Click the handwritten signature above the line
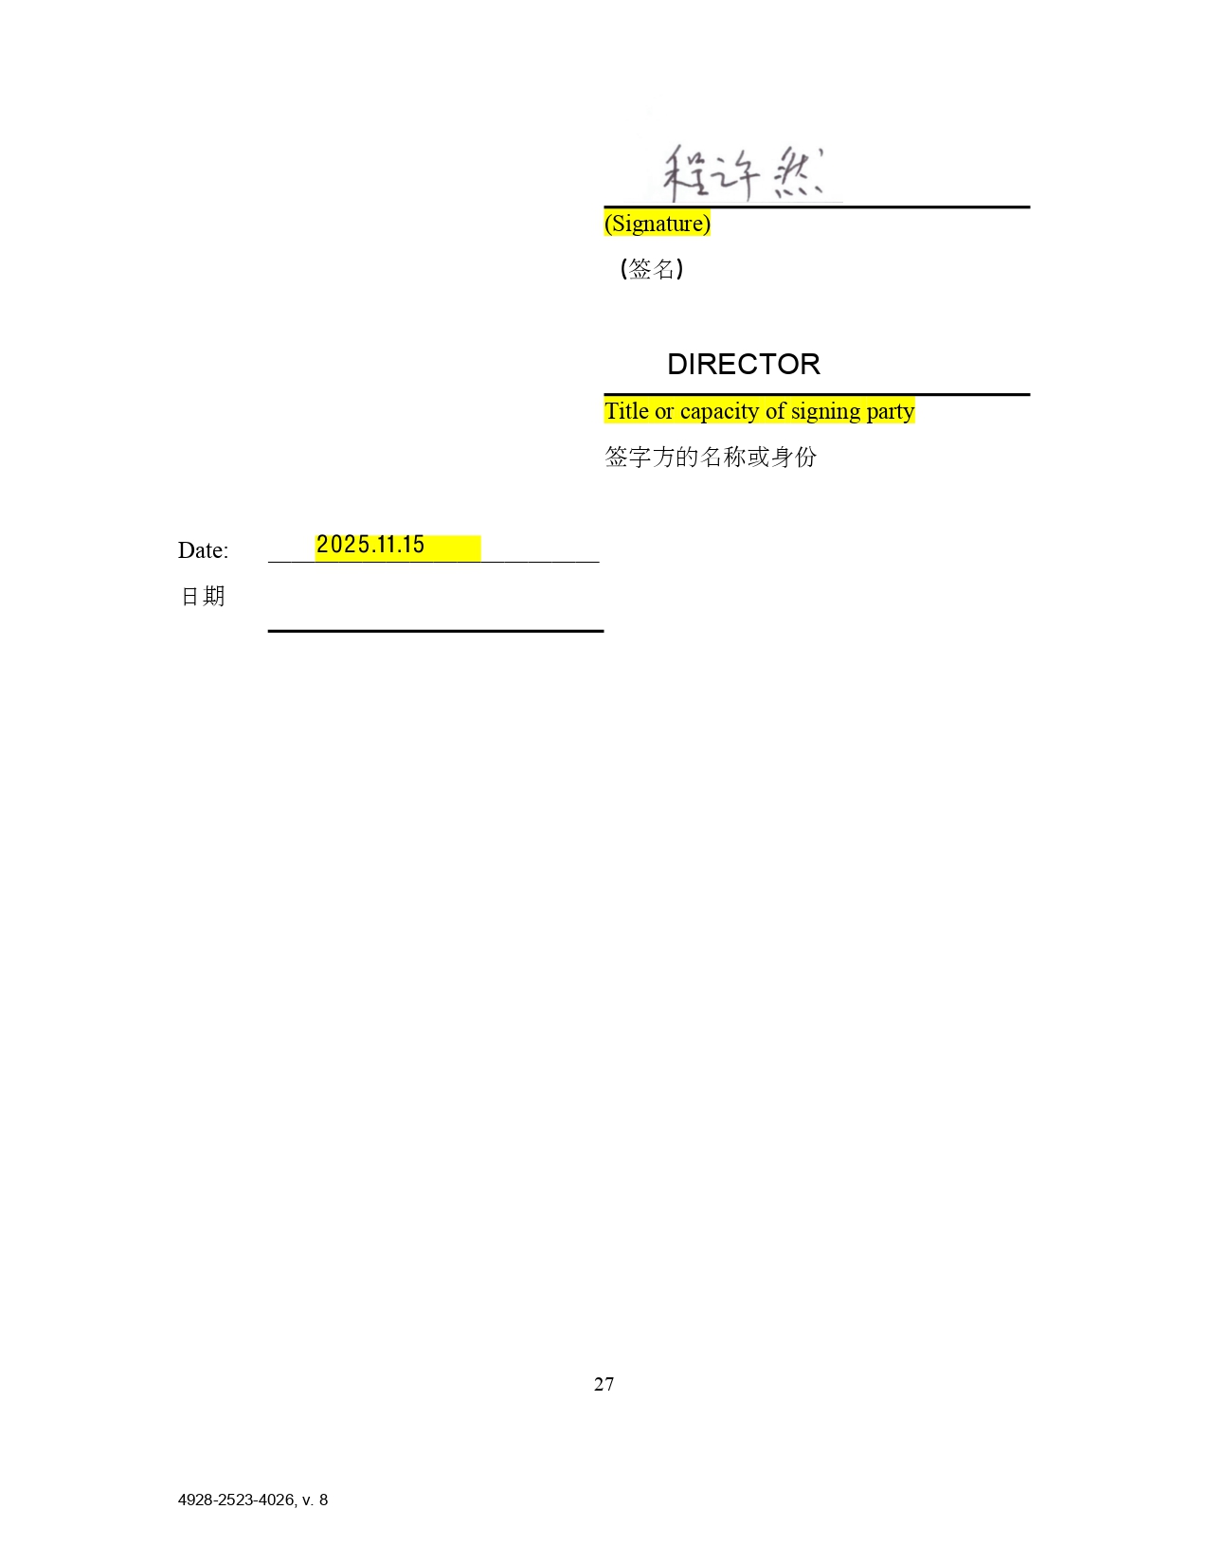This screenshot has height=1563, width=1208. [743, 172]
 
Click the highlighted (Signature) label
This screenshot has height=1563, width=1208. [657, 223]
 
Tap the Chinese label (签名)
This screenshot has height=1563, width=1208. [651, 269]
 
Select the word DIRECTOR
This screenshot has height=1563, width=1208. [743, 364]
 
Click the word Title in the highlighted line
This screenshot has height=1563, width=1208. [626, 411]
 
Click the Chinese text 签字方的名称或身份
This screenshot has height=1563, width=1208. [711, 457]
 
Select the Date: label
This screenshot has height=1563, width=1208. [203, 550]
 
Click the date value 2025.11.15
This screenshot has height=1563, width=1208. [370, 545]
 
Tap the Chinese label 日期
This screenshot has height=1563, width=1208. [202, 596]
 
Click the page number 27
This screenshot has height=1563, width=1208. [604, 1384]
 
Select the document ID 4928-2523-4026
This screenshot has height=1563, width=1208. [236, 1500]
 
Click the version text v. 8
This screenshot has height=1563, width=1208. [316, 1500]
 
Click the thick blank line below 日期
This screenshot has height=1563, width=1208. [436, 631]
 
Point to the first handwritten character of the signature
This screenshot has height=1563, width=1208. [686, 172]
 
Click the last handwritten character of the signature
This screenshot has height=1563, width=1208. [799, 172]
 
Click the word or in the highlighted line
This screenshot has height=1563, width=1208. [664, 412]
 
